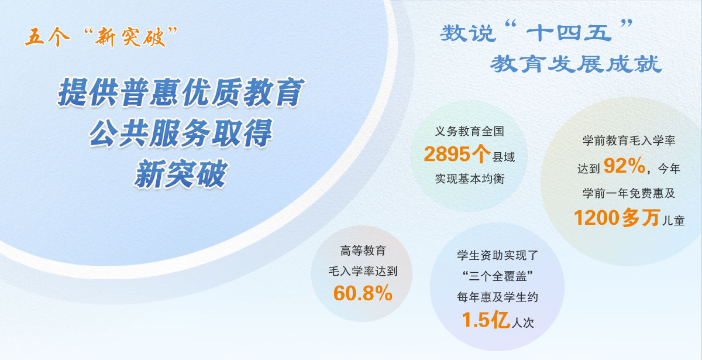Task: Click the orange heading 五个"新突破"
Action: pos(101,37)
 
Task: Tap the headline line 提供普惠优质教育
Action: pos(181,93)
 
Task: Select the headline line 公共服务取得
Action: pos(181,134)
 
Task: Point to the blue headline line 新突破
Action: pos(181,174)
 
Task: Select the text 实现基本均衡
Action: pos(469,179)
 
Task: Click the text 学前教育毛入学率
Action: pos(629,141)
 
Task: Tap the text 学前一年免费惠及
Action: pos(629,193)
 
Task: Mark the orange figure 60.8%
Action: pos(363,293)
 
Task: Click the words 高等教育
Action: pos(363,251)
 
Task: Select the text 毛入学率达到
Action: pos(363,272)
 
